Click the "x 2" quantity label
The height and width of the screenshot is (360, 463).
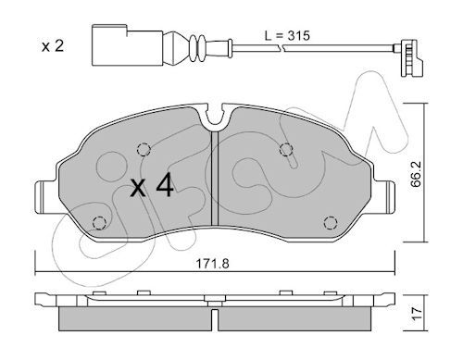point(53,46)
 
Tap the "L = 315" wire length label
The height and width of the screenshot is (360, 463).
point(287,36)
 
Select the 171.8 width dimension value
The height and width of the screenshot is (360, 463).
point(213,264)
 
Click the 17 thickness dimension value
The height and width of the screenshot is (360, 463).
point(417,314)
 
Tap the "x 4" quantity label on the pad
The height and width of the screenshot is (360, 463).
point(152,184)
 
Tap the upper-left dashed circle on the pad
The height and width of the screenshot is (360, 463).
point(144,150)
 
